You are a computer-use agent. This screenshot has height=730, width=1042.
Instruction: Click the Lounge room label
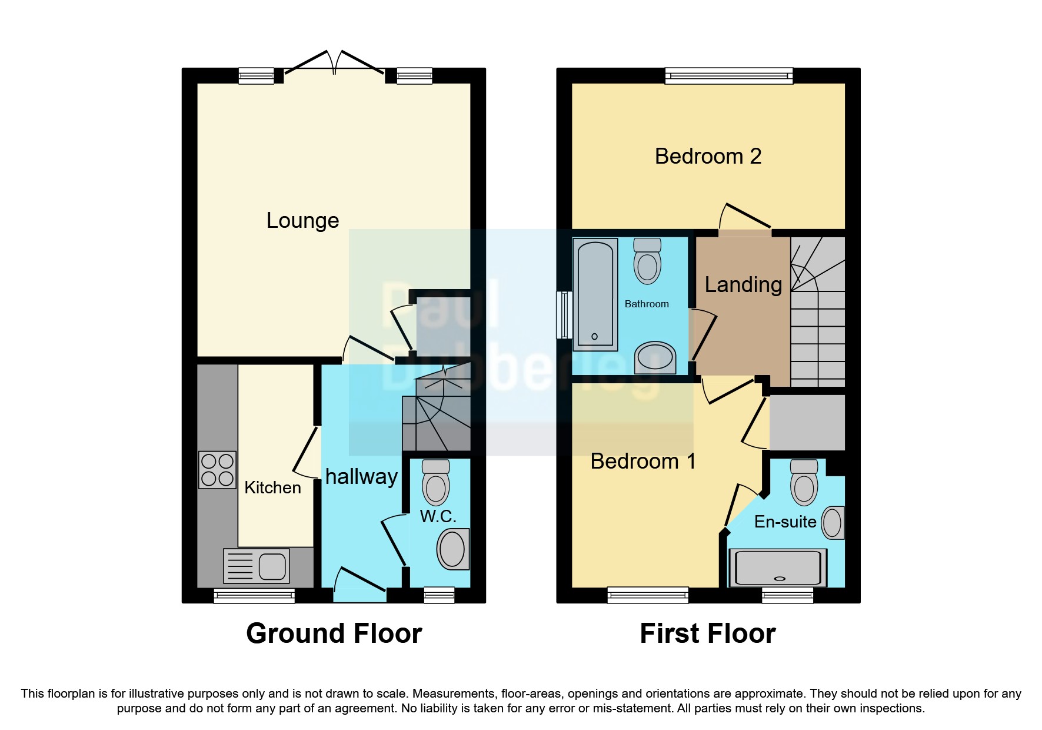[302, 220]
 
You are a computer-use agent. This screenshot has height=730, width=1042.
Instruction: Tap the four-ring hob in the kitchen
[217, 470]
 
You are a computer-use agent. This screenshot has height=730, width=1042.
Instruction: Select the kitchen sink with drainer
[257, 566]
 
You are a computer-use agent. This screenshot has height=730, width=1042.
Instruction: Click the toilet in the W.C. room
[436, 482]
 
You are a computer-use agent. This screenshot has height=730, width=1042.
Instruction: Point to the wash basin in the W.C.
[453, 549]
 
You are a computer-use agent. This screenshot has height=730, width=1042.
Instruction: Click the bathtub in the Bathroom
[595, 294]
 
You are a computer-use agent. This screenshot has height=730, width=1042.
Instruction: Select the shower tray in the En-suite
[778, 568]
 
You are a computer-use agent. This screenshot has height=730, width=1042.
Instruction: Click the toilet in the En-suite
[804, 482]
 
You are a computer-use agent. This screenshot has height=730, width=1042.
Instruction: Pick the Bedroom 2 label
[708, 156]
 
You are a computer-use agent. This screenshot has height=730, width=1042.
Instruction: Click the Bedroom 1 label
[643, 461]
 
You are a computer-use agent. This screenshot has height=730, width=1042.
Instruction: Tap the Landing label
[743, 284]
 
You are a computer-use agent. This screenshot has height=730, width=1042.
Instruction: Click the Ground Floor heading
[334, 633]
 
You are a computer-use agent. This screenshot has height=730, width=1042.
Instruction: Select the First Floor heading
[707, 633]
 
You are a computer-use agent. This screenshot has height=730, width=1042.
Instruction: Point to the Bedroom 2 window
[729, 75]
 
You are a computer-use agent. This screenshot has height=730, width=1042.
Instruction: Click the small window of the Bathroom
[565, 315]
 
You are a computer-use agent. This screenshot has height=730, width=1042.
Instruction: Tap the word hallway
[361, 476]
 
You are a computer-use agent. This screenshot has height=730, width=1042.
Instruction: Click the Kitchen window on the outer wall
[254, 596]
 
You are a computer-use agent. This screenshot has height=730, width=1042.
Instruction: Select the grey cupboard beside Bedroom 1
[807, 422]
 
